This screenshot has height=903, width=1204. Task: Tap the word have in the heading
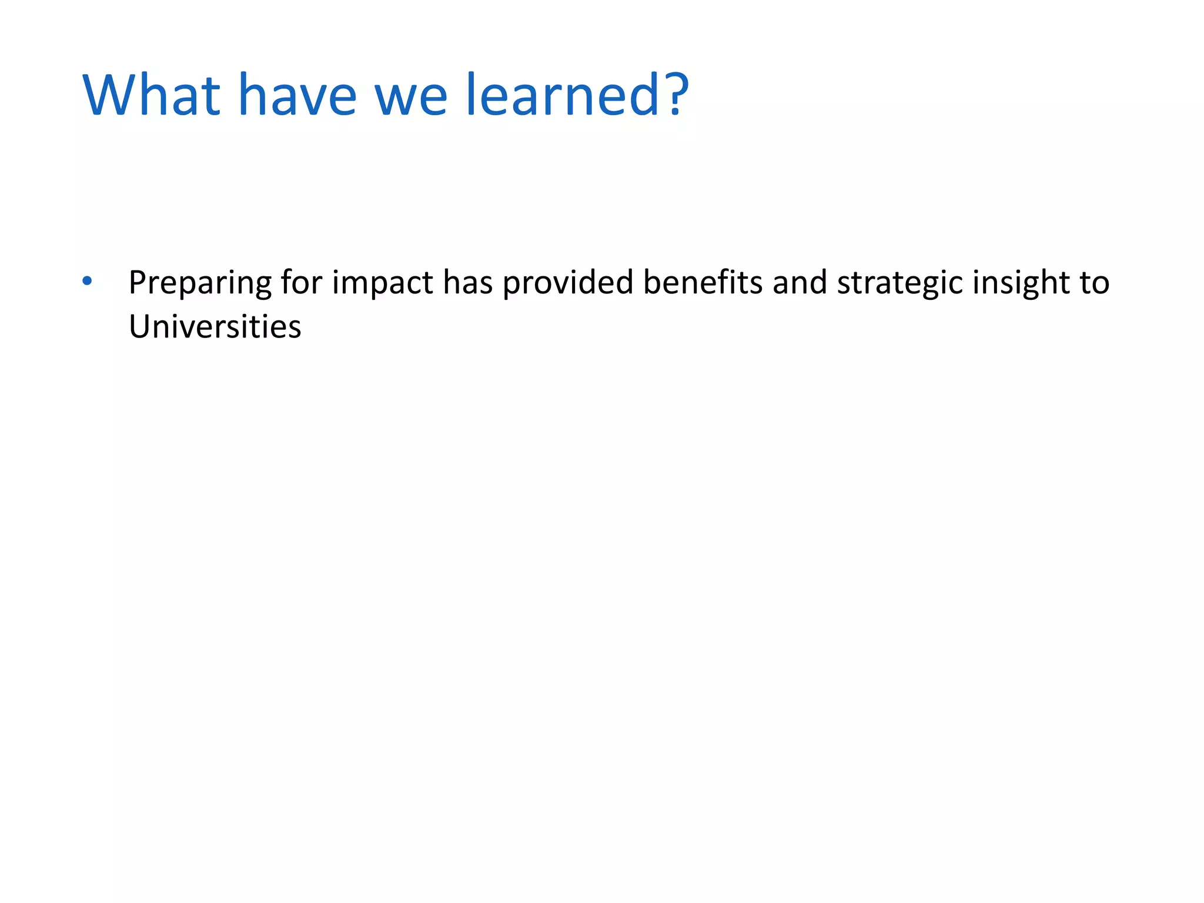pyautogui.click(x=297, y=95)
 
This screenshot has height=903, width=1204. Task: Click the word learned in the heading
pyautogui.click(x=564, y=95)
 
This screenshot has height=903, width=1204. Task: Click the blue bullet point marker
pyautogui.click(x=87, y=281)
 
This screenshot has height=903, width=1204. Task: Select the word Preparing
pyautogui.click(x=200, y=283)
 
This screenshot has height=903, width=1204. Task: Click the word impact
pyautogui.click(x=383, y=283)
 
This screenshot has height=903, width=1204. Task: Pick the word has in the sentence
pyautogui.click(x=468, y=282)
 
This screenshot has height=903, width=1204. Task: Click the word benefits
pyautogui.click(x=703, y=282)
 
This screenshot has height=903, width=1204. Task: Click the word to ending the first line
pyautogui.click(x=1094, y=283)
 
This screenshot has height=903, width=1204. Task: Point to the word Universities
pyautogui.click(x=215, y=327)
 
